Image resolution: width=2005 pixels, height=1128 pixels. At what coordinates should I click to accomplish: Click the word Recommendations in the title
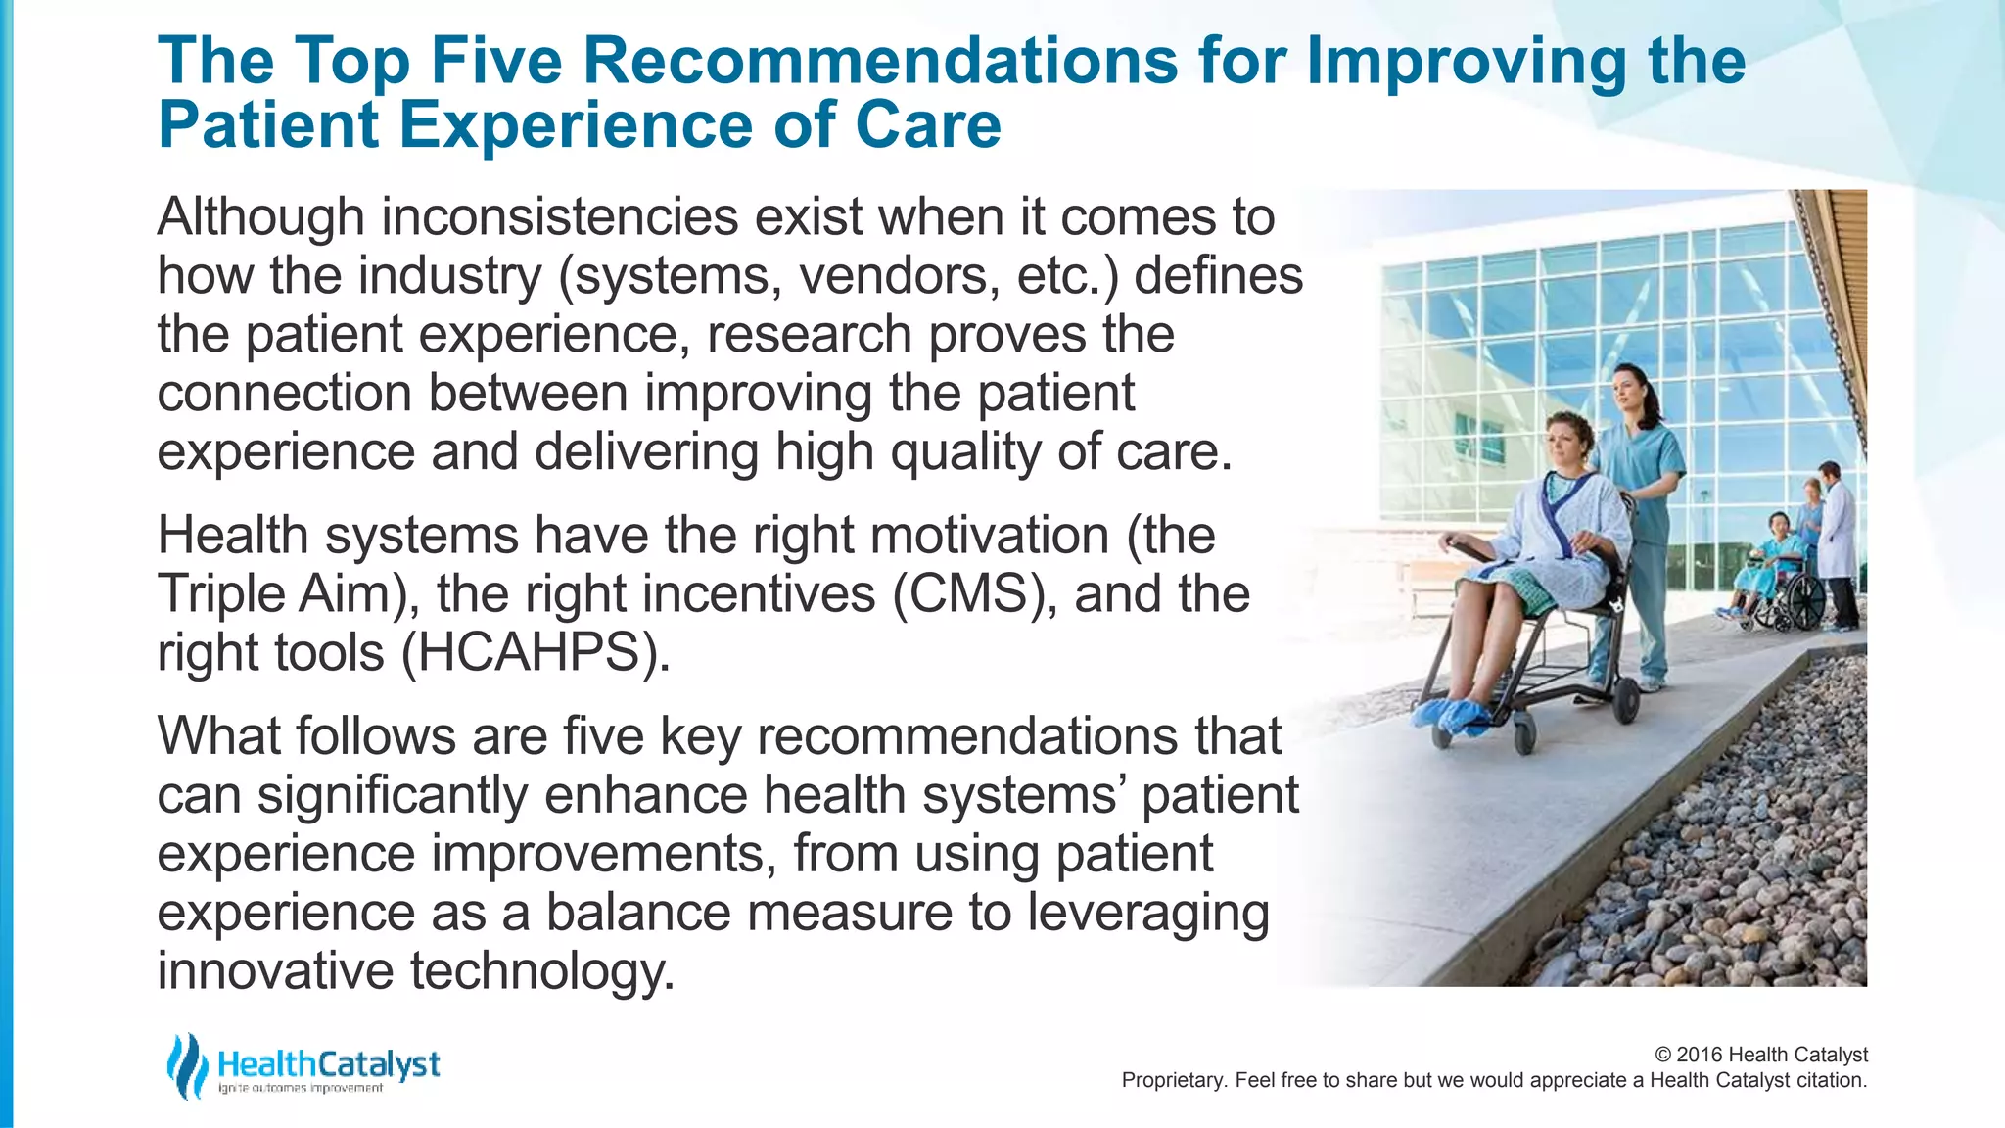click(x=880, y=61)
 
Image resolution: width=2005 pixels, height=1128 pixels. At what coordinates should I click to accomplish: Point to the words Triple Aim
click(x=274, y=594)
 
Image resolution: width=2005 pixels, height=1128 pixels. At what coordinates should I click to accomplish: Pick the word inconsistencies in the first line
click(x=559, y=216)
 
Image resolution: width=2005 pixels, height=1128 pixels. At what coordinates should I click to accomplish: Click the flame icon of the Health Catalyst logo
click(x=186, y=1065)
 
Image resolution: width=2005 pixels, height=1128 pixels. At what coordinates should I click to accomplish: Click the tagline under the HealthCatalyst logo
click(x=301, y=1089)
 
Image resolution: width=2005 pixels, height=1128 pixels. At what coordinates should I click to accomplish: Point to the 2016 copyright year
click(x=1700, y=1055)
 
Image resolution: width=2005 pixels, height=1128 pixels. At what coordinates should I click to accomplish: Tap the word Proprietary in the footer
click(x=1171, y=1080)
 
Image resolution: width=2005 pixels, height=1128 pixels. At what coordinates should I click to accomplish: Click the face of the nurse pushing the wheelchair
click(x=1628, y=389)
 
